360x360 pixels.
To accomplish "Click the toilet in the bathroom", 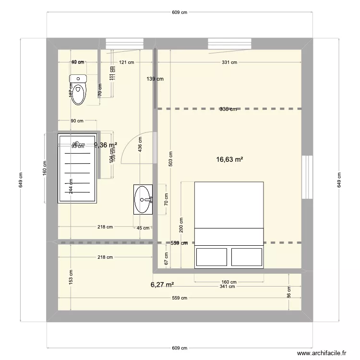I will (78, 89).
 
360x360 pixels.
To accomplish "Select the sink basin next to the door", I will (143, 199).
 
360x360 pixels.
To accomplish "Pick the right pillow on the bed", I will (247, 256).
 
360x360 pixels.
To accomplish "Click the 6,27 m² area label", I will (162, 285).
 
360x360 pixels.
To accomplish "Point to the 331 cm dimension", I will (230, 62).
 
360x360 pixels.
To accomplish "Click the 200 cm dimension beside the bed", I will (181, 223).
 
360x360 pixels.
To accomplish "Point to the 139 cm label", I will (155, 79).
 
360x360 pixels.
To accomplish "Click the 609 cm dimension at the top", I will (180, 13).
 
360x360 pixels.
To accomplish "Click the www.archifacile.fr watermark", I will (322, 353).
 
